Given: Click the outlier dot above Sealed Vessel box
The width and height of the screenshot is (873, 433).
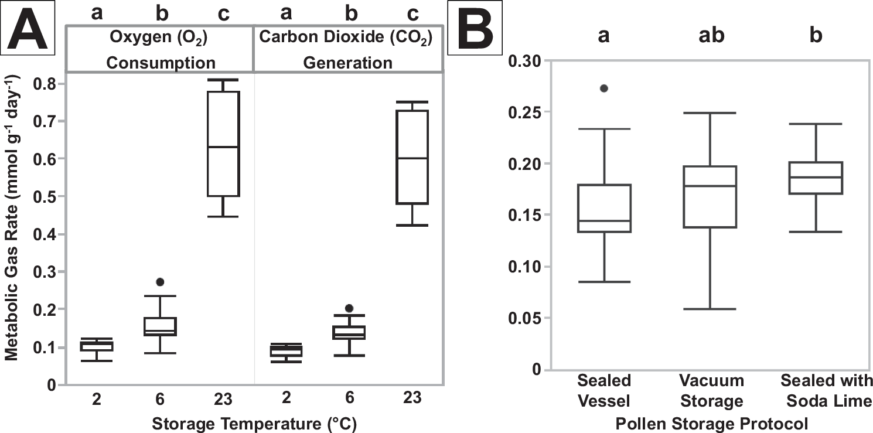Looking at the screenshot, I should [x=604, y=88].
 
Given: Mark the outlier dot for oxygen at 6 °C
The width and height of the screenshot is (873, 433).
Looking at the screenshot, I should [x=160, y=282].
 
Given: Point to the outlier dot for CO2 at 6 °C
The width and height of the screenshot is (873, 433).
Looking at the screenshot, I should [x=349, y=308].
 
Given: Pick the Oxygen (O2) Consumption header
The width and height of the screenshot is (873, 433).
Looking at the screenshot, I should [x=161, y=49].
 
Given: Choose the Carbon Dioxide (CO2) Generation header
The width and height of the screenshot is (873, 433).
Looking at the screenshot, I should [x=348, y=49].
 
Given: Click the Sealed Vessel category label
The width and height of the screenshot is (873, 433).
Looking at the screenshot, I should [x=604, y=391].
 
